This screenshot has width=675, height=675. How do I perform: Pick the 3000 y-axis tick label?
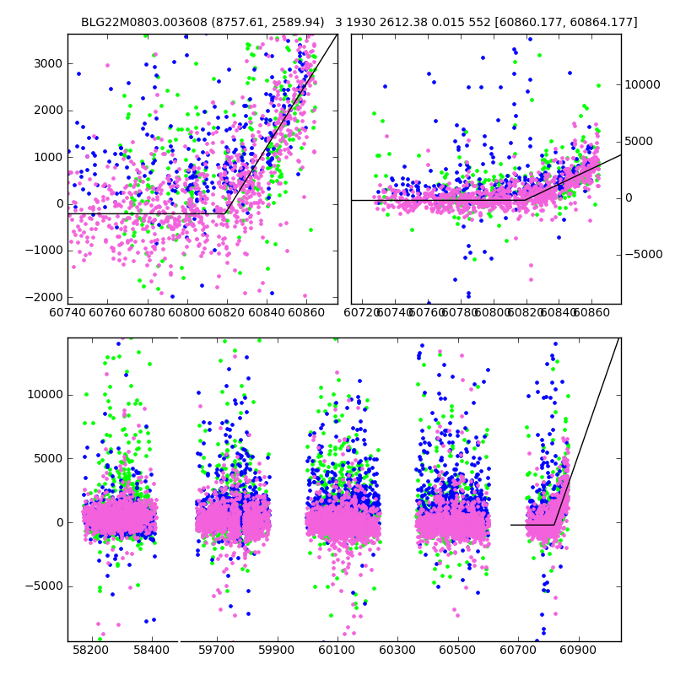(x=47, y=63)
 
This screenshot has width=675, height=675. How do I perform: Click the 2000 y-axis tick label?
(x=47, y=110)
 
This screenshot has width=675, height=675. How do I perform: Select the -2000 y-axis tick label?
(x=44, y=297)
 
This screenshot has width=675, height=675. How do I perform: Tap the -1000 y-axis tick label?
(x=44, y=251)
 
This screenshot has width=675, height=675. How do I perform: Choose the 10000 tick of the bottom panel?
(x=44, y=394)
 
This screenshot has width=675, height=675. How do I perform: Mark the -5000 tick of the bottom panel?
(x=44, y=586)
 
